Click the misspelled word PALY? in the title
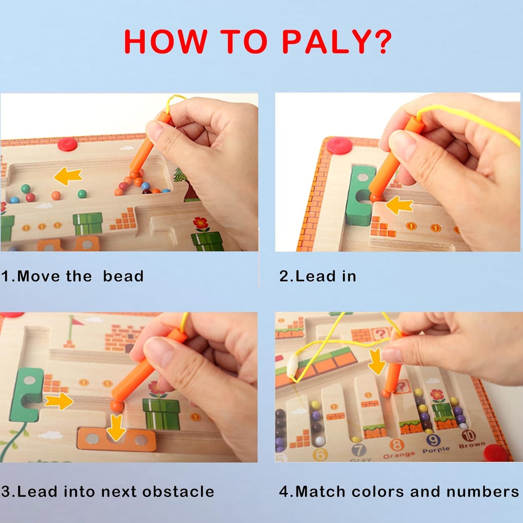click(x=337, y=42)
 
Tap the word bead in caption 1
click(x=123, y=276)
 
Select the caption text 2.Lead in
click(x=318, y=276)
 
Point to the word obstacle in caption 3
click(x=178, y=492)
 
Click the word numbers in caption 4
click(x=482, y=492)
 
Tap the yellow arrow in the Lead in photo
click(x=400, y=205)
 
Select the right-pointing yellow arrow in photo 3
click(x=58, y=401)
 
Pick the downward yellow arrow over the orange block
click(x=116, y=427)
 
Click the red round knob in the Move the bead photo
click(x=67, y=144)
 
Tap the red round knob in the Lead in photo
click(x=339, y=145)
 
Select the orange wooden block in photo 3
click(x=117, y=440)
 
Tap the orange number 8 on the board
click(x=396, y=445)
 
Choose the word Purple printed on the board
click(x=436, y=450)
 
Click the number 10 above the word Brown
click(x=468, y=435)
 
